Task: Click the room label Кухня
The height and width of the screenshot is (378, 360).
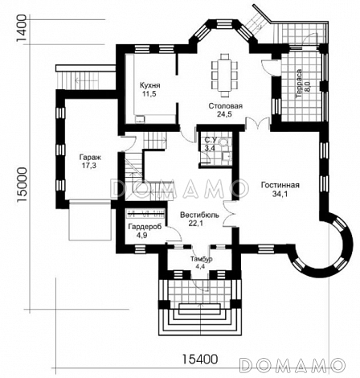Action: point(150,85)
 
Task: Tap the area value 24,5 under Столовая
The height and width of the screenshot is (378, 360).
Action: point(224,114)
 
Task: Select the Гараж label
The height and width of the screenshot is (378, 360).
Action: point(88,157)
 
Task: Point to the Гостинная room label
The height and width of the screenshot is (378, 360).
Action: point(280,185)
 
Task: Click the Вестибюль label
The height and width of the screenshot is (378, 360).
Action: point(199,215)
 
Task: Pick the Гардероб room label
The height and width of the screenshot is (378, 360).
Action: point(145,227)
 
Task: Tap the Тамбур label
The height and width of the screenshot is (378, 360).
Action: point(202,259)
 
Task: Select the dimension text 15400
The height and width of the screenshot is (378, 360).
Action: point(200,359)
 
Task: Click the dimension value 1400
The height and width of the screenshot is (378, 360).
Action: point(22,27)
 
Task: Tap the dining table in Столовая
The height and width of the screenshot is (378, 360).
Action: point(224,76)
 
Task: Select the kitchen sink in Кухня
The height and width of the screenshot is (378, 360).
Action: point(140,119)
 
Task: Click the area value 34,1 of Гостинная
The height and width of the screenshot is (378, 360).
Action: point(280,194)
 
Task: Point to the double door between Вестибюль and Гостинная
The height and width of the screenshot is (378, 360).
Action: point(229,214)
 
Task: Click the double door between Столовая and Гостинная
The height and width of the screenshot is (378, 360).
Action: point(258,124)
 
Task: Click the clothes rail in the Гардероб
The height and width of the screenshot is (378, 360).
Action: point(146,214)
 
